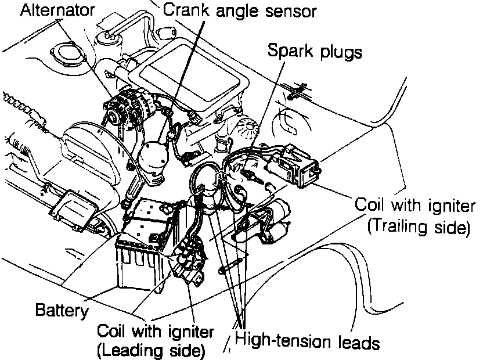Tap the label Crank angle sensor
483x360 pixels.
tap(239, 10)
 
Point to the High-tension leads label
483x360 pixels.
tap(308, 342)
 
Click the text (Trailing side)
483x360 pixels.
tap(418, 226)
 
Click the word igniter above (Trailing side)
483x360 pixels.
tap(446, 205)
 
